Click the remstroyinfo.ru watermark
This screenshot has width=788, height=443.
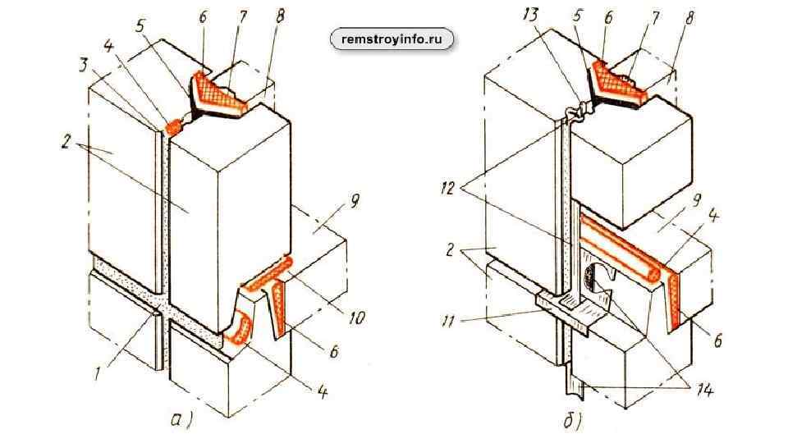click(x=392, y=38)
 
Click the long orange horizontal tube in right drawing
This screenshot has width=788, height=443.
click(x=620, y=247)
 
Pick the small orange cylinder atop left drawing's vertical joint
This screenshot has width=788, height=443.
click(x=174, y=126)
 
